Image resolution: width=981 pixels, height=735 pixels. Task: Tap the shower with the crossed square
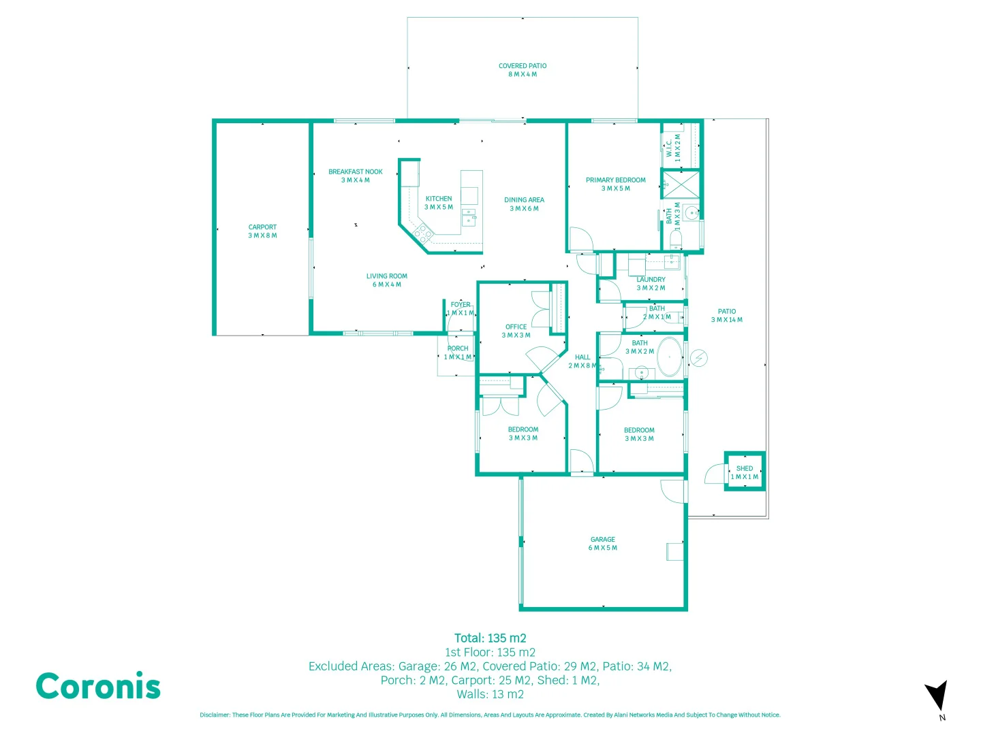(x=681, y=184)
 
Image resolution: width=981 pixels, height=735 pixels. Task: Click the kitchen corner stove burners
(x=423, y=233)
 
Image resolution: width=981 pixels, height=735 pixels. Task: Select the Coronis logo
(x=98, y=686)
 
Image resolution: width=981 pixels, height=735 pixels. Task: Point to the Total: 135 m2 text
(x=490, y=638)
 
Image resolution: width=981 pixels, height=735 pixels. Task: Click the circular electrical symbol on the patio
(x=699, y=358)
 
